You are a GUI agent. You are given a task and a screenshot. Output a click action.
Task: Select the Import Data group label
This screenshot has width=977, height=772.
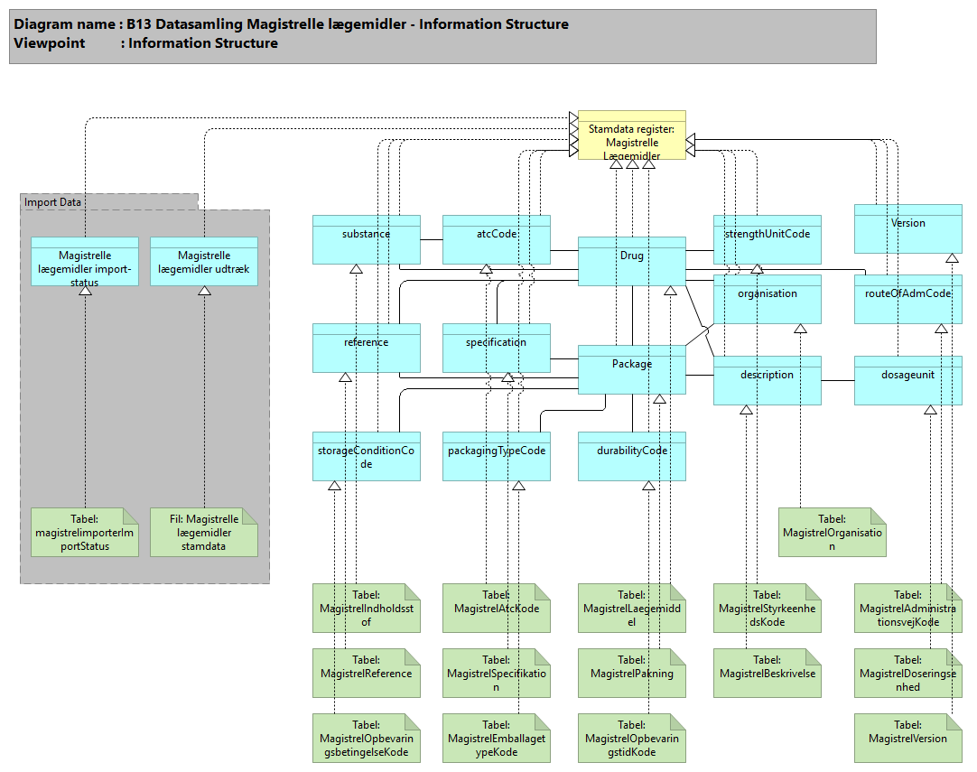point(52,202)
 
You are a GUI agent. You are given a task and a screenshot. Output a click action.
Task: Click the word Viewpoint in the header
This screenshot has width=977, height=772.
point(48,43)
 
